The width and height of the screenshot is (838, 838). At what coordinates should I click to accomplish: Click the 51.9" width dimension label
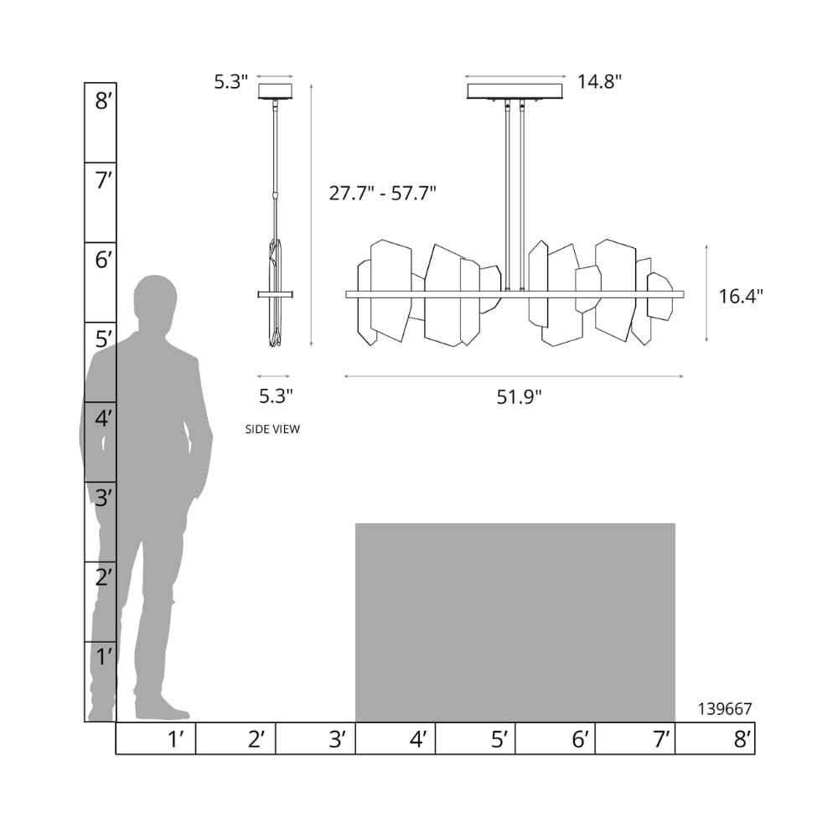(519, 397)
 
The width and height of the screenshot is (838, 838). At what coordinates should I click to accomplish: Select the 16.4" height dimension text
(741, 296)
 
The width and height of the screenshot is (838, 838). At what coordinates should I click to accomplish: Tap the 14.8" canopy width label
(599, 81)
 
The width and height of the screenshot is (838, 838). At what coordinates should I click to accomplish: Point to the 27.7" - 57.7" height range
(382, 194)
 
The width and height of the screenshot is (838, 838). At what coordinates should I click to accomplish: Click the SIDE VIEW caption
(272, 429)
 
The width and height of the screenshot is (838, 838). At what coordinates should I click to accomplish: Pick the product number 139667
(725, 708)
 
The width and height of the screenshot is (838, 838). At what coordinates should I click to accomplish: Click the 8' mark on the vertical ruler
(103, 102)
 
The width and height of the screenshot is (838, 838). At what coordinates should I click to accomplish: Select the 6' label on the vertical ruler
(103, 261)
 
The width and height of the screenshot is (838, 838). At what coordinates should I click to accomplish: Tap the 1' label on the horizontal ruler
(176, 739)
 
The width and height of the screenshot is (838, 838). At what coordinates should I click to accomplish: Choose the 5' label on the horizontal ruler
(499, 739)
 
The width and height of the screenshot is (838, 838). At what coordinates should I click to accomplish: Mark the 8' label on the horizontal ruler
(742, 739)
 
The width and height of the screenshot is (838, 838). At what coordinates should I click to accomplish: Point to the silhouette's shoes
(159, 711)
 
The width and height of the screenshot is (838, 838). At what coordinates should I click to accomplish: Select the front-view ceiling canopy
(515, 91)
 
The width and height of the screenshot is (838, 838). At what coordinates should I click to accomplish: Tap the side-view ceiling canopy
(275, 91)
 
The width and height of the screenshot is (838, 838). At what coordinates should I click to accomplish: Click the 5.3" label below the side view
(275, 394)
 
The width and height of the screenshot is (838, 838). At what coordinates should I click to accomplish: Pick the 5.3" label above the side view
(231, 81)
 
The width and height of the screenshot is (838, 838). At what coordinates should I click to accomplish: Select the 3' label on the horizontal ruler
(338, 739)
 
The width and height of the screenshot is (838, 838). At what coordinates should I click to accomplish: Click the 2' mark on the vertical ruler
(103, 577)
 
